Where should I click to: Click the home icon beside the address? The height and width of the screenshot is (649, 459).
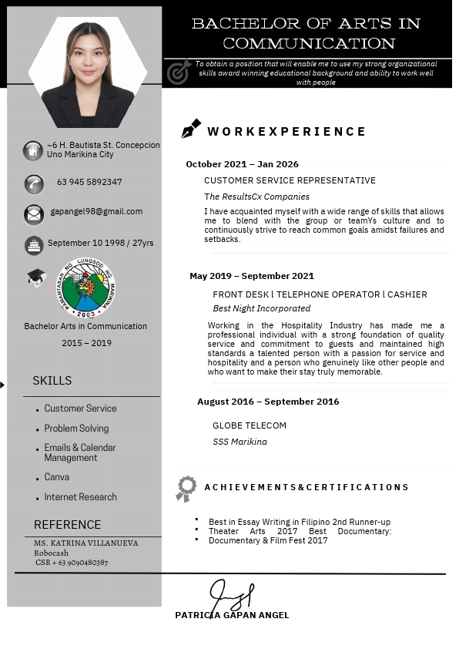[33, 150]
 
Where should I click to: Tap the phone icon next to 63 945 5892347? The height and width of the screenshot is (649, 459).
[34, 183]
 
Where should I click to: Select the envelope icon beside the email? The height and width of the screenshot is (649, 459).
[34, 214]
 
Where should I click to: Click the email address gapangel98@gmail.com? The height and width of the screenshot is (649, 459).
[96, 211]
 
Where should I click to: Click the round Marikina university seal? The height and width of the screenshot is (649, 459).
[85, 288]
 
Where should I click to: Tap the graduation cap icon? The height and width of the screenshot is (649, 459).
[36, 277]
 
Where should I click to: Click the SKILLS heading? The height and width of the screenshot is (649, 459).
[52, 381]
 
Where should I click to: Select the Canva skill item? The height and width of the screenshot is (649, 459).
[57, 477]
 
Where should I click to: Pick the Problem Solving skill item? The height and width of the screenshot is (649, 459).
[76, 429]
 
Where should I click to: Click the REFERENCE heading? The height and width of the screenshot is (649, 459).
[67, 525]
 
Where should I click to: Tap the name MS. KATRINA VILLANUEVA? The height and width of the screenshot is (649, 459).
[86, 543]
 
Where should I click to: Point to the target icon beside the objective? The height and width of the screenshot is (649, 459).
[178, 72]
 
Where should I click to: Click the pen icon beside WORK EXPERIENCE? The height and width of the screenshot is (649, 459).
[190, 129]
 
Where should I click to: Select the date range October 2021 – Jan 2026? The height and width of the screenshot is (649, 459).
[242, 164]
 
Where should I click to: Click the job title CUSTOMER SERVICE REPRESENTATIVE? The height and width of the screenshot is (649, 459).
[290, 180]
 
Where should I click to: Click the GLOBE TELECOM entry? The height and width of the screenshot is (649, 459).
[250, 425]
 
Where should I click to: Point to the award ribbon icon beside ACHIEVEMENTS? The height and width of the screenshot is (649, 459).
[186, 489]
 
